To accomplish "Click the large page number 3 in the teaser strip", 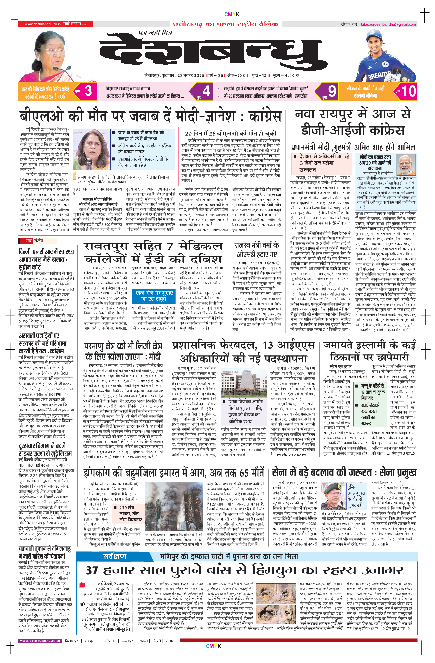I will [x=88, y=91].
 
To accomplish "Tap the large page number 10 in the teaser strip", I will [x=408, y=91].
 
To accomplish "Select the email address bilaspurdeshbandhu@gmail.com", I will [x=388, y=24].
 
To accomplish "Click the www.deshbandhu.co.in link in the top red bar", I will [x=42, y=24].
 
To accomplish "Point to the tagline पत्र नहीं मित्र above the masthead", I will [x=155, y=33].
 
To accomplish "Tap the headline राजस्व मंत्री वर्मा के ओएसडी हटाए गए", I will [x=257, y=249].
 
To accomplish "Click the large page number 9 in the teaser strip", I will [x=331, y=91].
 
